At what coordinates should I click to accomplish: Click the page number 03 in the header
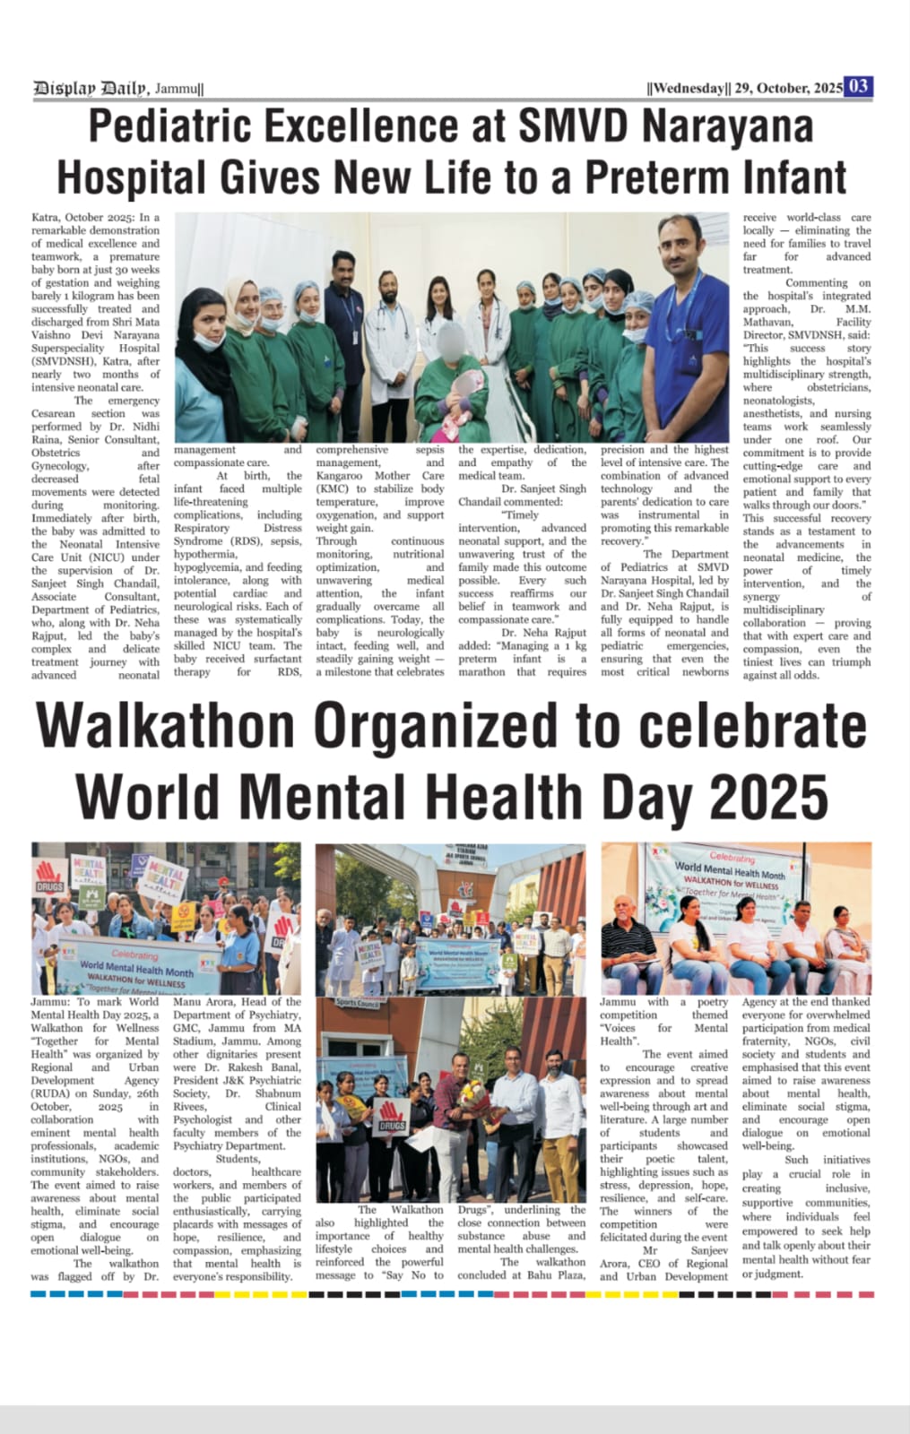click(858, 86)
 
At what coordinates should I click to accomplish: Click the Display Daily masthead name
click(91, 88)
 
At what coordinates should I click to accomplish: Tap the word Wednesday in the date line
click(689, 88)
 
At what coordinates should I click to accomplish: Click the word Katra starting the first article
click(46, 218)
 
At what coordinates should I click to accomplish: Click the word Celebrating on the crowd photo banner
click(134, 955)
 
